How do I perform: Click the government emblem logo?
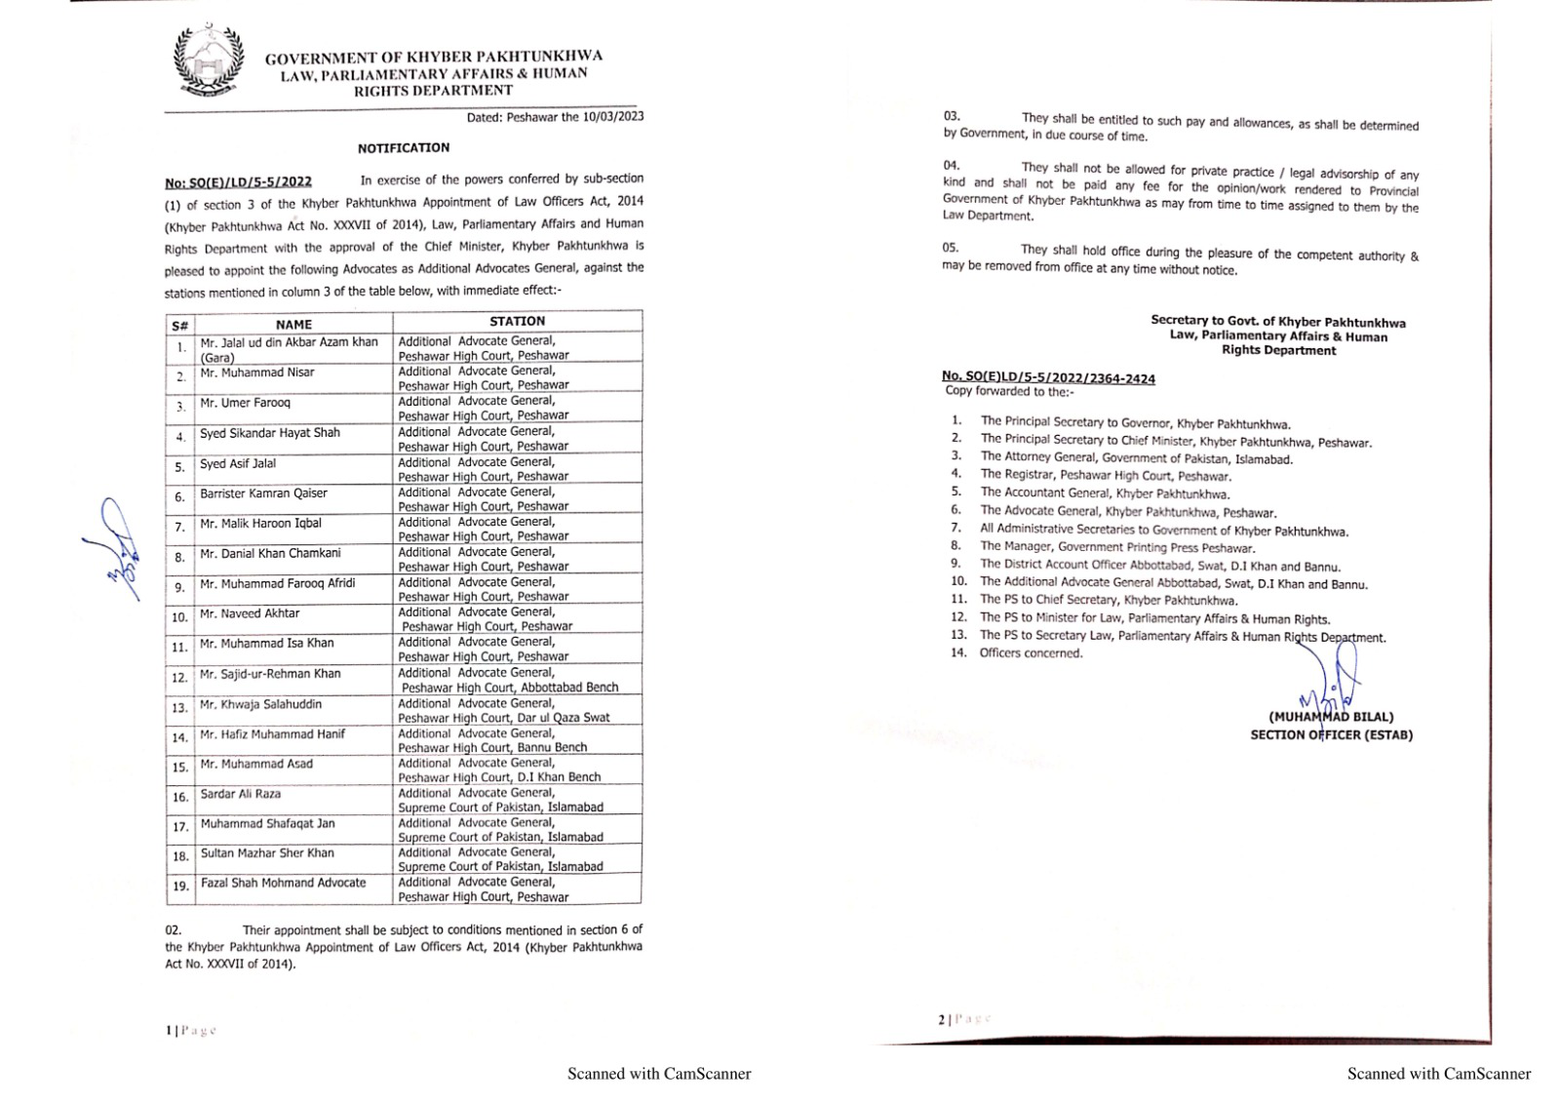207,60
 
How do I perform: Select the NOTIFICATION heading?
403,148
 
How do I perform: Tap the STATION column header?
517,321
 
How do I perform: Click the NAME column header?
293,325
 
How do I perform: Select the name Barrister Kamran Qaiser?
263,493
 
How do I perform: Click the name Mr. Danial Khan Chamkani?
270,554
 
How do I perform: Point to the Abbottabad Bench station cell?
509,687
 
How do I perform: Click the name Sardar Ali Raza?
240,794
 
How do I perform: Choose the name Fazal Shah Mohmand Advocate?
283,883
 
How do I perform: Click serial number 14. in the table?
180,738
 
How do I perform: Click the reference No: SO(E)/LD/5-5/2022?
238,181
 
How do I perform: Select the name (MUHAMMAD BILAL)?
1331,717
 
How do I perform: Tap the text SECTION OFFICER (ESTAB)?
1331,735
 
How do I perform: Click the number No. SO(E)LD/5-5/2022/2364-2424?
1048,377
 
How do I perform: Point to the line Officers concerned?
1031,653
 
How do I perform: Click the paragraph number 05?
951,248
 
